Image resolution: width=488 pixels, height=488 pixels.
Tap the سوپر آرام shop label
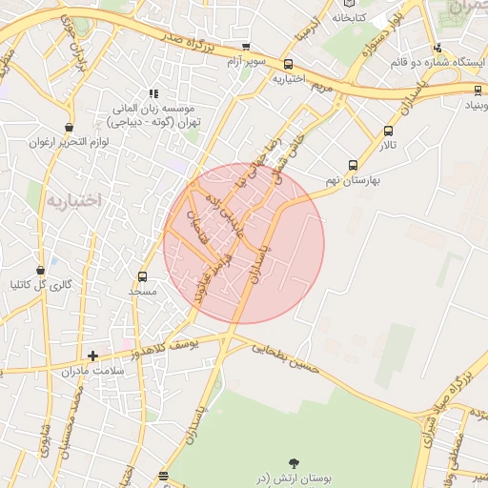pos(246,62)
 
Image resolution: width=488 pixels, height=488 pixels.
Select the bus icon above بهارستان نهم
pos(354,164)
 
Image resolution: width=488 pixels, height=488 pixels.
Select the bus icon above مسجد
pos(143,276)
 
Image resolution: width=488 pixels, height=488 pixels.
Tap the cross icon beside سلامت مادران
pos(92,356)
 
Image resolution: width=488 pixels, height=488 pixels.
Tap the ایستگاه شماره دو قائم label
pos(439,62)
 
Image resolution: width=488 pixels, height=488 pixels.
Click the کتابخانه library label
pos(355,17)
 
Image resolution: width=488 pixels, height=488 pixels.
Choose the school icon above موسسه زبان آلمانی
pos(152,93)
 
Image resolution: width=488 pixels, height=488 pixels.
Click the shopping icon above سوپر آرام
pos(246,47)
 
